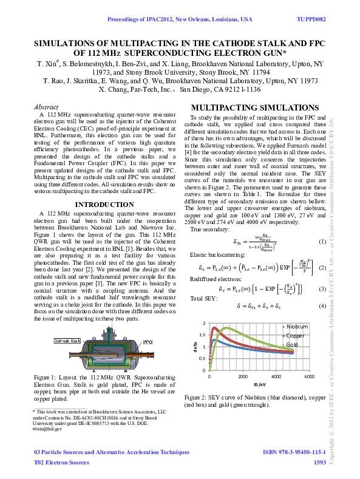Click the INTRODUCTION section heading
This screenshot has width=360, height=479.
[x=95, y=205]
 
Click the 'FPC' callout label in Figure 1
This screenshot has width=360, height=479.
[x=148, y=342]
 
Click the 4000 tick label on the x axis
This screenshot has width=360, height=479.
[x=276, y=377]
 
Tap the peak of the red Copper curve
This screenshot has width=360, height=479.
[x=214, y=328]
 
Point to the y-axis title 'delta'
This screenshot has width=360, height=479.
[x=196, y=347]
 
